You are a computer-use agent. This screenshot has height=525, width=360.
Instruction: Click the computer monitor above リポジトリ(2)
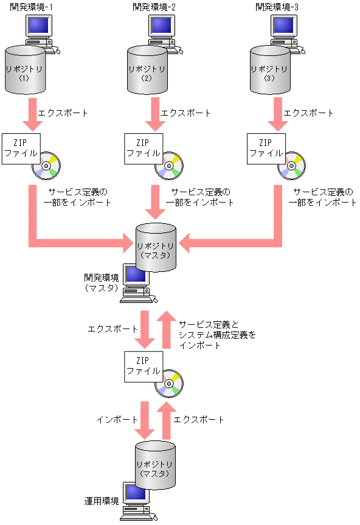159,26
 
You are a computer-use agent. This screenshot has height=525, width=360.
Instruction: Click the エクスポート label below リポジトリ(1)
63,113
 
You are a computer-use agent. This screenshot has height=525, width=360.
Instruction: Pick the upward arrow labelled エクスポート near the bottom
165,419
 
